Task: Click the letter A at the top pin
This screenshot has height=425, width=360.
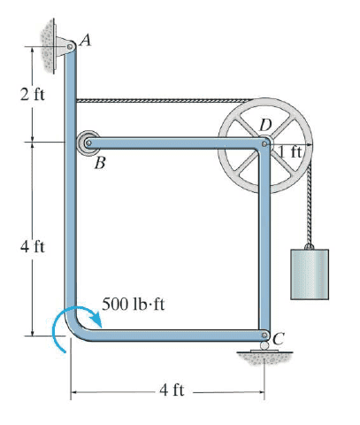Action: click(85, 40)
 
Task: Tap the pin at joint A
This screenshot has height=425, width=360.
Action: click(70, 47)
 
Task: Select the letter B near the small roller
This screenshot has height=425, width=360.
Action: click(100, 163)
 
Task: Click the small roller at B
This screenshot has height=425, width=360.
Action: click(88, 143)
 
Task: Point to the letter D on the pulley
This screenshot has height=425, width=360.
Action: click(265, 125)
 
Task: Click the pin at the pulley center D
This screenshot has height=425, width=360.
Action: click(264, 143)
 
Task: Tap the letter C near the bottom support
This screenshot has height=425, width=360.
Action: click(278, 338)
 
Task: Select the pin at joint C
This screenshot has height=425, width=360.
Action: click(264, 335)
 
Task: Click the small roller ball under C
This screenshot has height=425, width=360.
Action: click(264, 345)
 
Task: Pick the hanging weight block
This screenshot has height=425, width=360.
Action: click(310, 274)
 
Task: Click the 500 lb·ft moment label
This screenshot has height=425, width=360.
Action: click(133, 304)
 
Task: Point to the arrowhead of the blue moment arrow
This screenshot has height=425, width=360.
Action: click(96, 321)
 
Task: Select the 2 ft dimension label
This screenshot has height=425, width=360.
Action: click(33, 95)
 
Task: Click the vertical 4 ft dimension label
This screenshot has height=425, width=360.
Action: click(33, 247)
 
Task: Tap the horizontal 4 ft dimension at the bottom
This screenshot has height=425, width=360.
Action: click(172, 390)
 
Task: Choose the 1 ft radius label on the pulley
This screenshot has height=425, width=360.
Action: click(290, 152)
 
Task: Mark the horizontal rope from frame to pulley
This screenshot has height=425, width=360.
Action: click(165, 101)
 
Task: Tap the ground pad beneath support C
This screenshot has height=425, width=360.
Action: click(264, 351)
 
